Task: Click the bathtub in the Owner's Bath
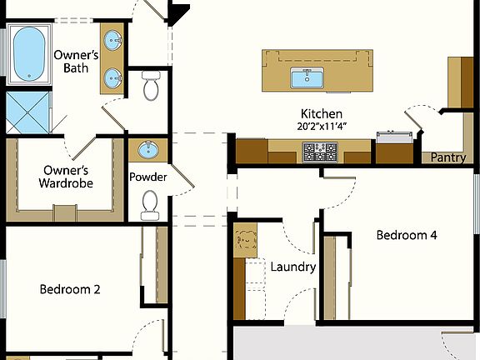[x=31, y=54]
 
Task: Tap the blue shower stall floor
[x=27, y=112]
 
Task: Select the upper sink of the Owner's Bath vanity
[x=112, y=39]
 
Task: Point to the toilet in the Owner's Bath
[x=151, y=85]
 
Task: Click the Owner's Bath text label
[x=76, y=61]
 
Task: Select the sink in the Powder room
[x=147, y=151]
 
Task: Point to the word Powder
[x=148, y=177]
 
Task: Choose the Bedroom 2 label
[x=70, y=290]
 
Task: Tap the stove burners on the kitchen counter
[x=320, y=152]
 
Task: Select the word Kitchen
[x=322, y=113]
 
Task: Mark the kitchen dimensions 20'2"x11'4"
[x=322, y=127]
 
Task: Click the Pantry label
[x=449, y=157]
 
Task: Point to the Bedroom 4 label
[x=407, y=235]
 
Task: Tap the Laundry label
[x=293, y=267]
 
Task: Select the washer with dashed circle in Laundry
[x=247, y=242]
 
